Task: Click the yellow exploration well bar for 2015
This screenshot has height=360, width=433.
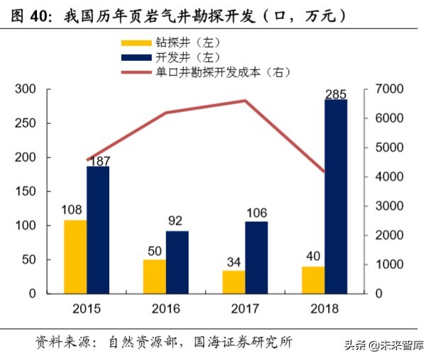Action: point(75,257)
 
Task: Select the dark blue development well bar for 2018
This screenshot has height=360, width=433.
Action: point(336,196)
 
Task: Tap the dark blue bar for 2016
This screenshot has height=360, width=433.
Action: point(177,261)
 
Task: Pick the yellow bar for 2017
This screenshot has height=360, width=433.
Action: point(234,281)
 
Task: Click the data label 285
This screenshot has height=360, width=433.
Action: point(336,94)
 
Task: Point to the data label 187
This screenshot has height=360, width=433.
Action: point(99,159)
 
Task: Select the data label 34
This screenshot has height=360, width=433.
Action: point(234,264)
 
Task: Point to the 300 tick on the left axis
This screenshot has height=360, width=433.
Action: point(26,89)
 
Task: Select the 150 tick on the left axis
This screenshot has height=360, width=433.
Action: point(26,191)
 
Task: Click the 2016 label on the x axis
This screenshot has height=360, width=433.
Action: point(166,309)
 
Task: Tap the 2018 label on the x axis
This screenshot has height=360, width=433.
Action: point(325,309)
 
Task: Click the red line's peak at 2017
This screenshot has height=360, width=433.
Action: point(245,101)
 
